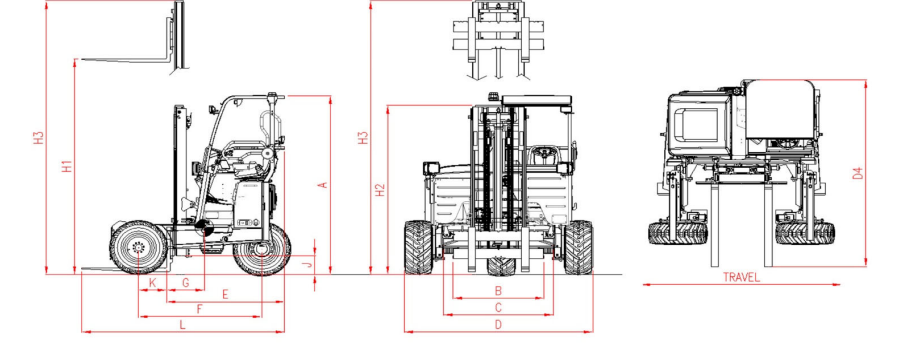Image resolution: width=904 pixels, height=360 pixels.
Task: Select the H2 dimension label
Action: point(380,189)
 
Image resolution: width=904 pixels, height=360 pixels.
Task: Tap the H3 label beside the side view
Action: point(39,139)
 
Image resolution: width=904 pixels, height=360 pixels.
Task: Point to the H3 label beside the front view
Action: point(364,139)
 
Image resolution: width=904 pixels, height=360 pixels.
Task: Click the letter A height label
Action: point(322,184)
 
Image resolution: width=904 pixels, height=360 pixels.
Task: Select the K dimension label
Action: point(152,284)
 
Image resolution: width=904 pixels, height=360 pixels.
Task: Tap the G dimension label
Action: point(186,284)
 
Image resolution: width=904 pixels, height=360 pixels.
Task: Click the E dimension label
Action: point(225,295)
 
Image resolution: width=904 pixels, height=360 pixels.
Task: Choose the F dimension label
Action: point(200,309)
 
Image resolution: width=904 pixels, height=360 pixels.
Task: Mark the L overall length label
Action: point(182,325)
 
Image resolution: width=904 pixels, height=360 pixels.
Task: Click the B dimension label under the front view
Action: point(498,291)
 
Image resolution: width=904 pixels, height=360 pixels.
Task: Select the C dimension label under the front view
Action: point(498,308)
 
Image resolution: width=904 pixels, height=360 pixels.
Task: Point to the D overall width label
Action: point(498,325)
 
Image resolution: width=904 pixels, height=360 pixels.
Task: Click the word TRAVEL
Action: point(741,278)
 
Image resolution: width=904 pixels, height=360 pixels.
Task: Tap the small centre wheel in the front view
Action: point(498,266)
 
